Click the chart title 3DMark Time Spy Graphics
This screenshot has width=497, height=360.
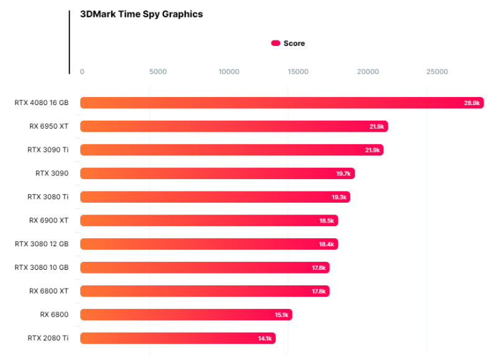(x=142, y=14)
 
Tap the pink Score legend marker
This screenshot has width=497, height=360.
(x=276, y=44)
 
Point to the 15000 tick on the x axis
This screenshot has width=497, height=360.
(x=298, y=72)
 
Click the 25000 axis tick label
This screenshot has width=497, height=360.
(x=437, y=72)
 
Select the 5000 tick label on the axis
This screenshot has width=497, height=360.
(x=158, y=72)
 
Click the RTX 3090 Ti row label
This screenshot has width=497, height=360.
(x=48, y=150)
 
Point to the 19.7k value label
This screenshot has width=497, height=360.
(x=344, y=173)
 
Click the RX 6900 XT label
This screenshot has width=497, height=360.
(x=49, y=220)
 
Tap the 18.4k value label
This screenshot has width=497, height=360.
(x=327, y=244)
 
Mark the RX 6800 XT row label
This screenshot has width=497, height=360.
(x=49, y=291)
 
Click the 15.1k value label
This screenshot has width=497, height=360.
(x=281, y=315)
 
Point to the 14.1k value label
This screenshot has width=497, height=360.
(x=265, y=338)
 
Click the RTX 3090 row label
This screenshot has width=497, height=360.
(x=52, y=173)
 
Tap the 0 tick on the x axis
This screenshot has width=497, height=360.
(x=82, y=72)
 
